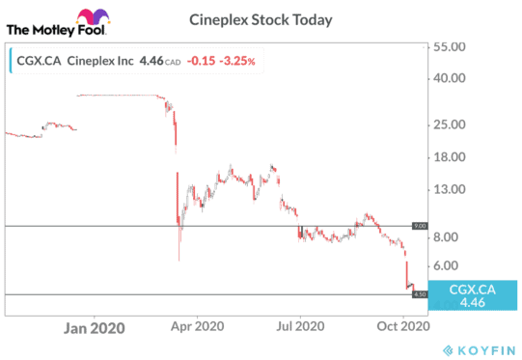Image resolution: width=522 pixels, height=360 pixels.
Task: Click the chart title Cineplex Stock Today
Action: click(261, 18)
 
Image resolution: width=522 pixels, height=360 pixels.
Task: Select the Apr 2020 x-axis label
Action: click(197, 326)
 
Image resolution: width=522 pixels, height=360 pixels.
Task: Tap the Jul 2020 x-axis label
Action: click(299, 326)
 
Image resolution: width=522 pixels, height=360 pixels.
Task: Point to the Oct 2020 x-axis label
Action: click(400, 326)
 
